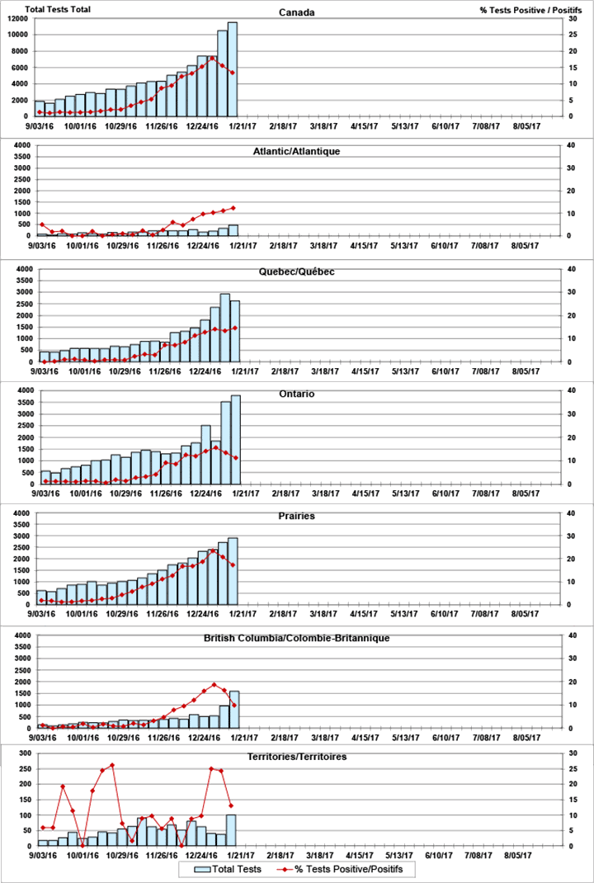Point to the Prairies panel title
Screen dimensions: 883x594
296,516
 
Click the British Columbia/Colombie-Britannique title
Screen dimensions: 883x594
296,638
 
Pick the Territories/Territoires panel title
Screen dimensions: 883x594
296,756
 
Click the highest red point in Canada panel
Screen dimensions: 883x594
213,58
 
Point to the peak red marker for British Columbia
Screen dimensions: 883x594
214,684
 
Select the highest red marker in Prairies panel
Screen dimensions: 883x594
213,550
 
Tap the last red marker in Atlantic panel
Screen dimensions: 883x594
233,208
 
